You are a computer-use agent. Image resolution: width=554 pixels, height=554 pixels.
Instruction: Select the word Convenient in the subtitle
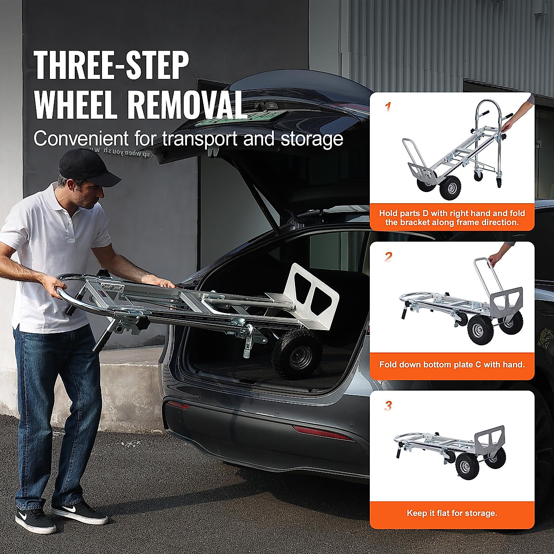coord(82,138)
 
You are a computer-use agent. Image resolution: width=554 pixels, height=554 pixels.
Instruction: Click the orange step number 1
coord(388,108)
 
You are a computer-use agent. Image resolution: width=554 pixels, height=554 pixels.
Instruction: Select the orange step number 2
coord(388,257)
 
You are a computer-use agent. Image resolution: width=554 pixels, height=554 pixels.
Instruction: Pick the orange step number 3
coord(388,406)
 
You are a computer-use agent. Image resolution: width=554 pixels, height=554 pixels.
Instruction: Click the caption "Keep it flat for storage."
coord(452,513)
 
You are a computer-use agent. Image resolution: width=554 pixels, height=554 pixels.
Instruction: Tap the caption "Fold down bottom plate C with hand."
coord(452,364)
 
